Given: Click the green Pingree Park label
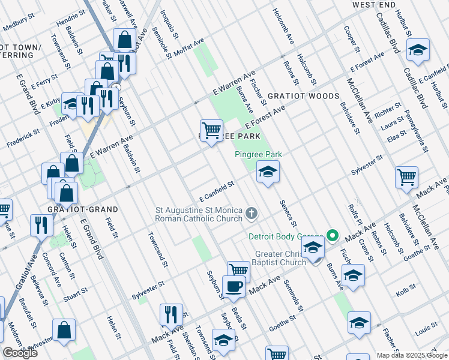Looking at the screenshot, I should (258, 154).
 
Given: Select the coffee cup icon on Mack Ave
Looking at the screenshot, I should (234, 286).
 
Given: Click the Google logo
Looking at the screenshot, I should (20, 353).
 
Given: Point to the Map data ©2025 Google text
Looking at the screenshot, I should (412, 355).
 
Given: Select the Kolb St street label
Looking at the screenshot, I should (406, 293).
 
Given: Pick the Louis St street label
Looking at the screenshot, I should (425, 329).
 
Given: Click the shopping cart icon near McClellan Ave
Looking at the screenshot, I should (406, 177).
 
